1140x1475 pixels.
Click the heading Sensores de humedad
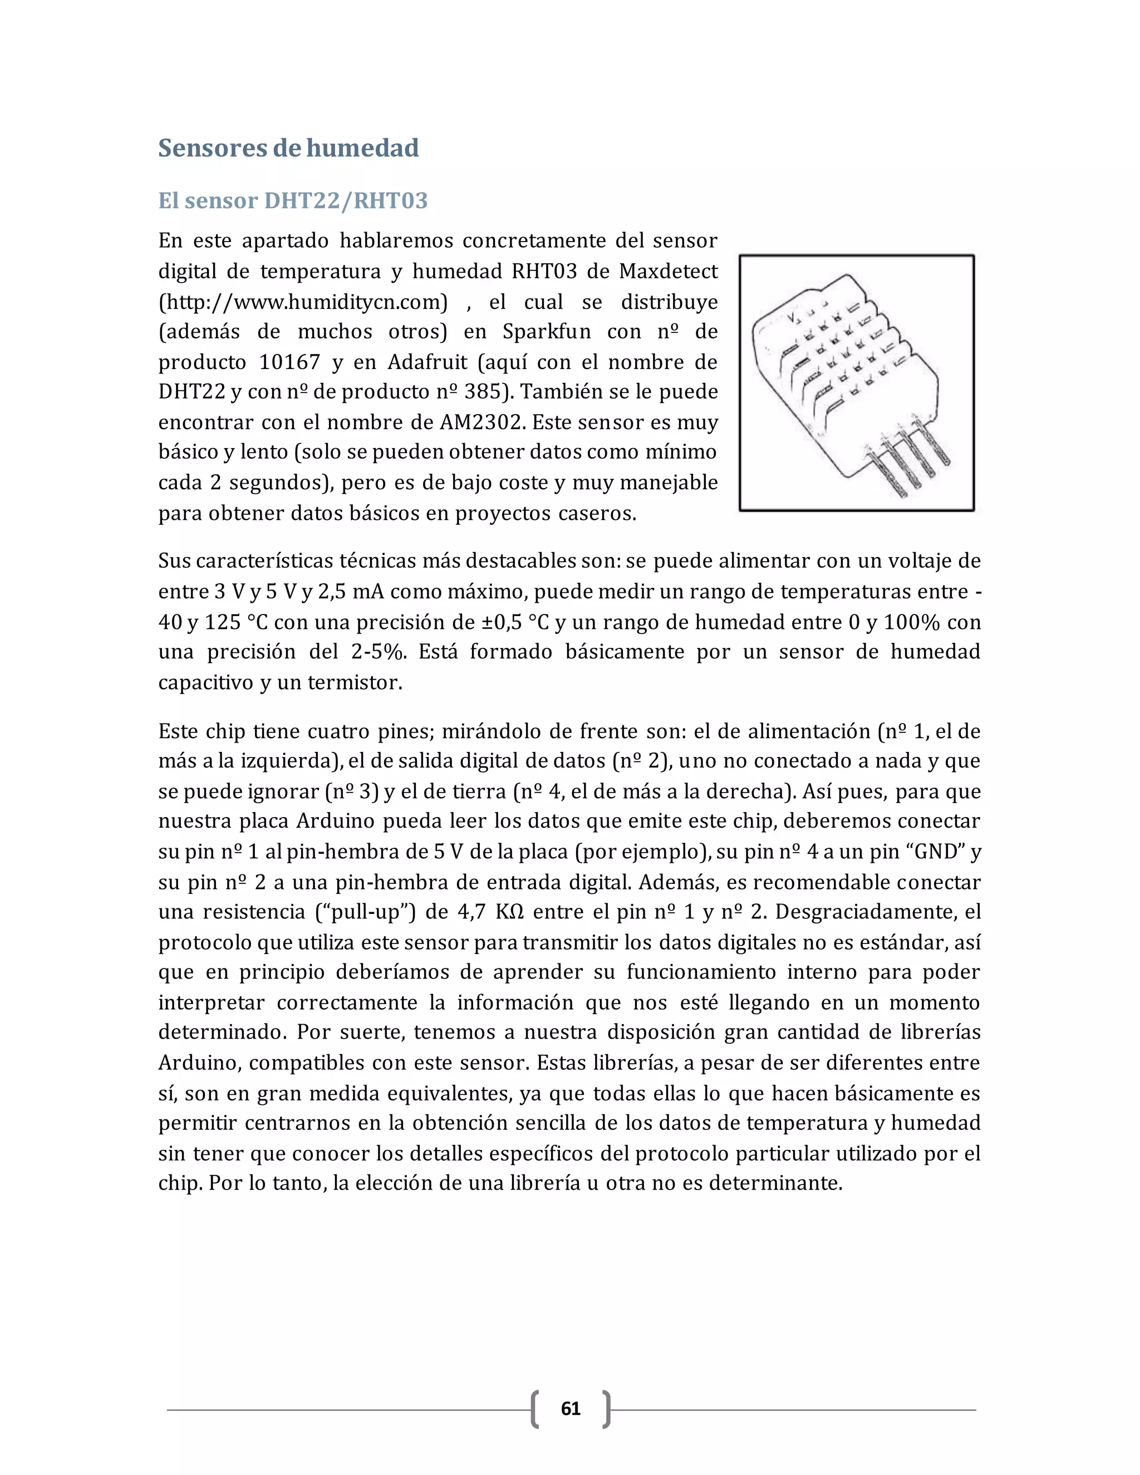[x=288, y=148]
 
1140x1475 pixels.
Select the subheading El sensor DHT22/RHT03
[x=292, y=200]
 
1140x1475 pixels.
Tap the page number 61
[x=571, y=1408]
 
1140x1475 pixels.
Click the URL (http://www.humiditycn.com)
[x=303, y=301]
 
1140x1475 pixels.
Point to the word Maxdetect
[x=668, y=271]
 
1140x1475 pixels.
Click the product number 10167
[x=289, y=362]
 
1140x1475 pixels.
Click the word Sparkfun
[x=547, y=332]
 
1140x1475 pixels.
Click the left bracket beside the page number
[x=535, y=1409]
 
